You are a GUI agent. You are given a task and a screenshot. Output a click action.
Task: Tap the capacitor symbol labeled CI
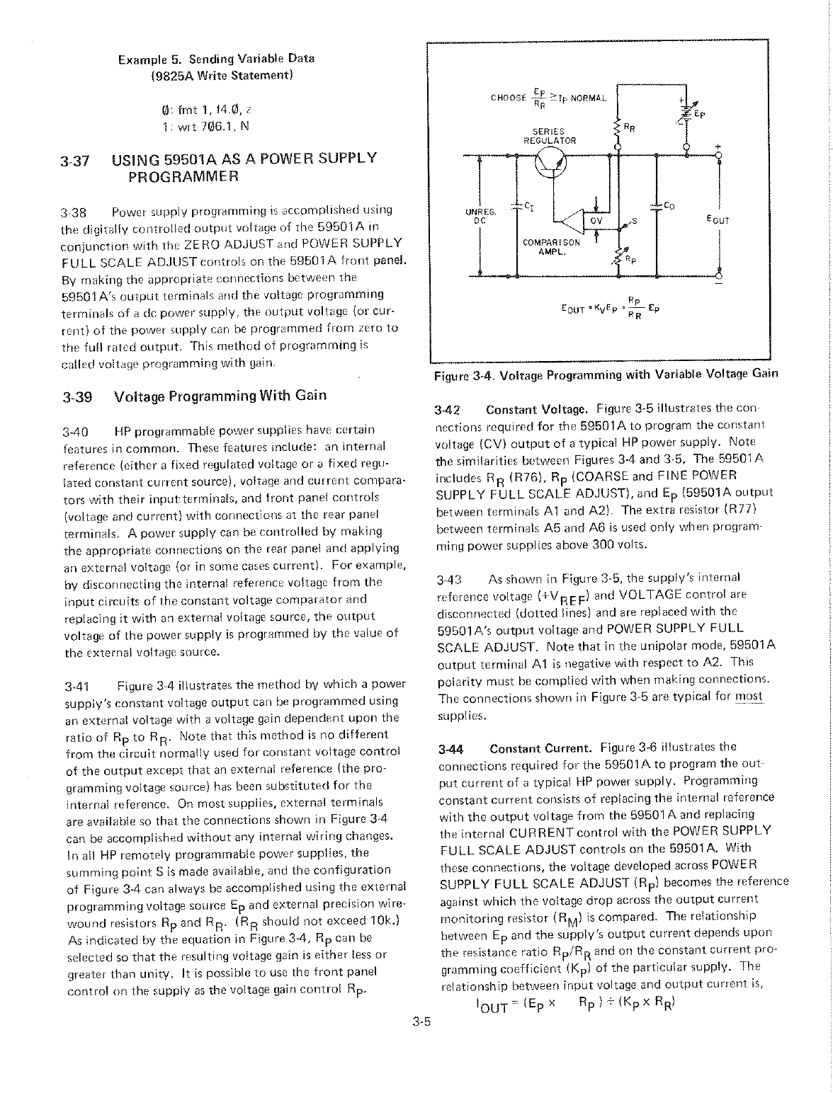click(x=518, y=206)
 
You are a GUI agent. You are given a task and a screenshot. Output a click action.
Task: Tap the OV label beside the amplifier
click(x=596, y=220)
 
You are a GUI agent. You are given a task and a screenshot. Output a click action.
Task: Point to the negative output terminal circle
click(x=719, y=274)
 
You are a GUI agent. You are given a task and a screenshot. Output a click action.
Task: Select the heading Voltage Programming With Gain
click(x=220, y=395)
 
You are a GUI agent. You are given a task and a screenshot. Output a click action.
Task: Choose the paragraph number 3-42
click(x=448, y=410)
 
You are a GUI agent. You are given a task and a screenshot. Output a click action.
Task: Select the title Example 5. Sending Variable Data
click(x=216, y=58)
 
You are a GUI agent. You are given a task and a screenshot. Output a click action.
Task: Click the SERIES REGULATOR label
click(x=549, y=135)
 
